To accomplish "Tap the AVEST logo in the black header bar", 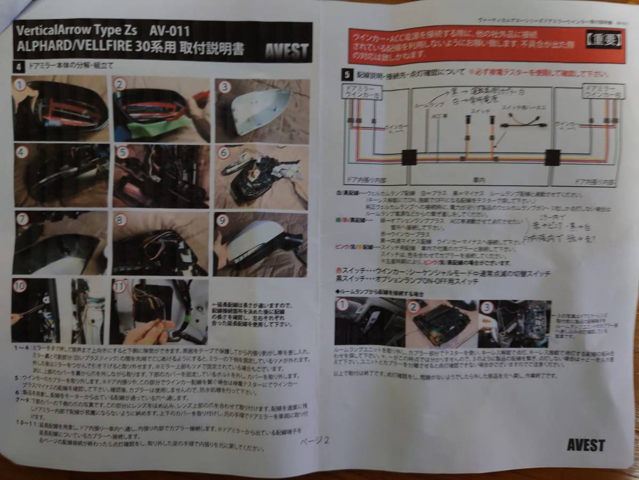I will point(287,51).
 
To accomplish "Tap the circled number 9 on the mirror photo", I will point(223,220).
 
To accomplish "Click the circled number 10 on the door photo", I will point(20,286).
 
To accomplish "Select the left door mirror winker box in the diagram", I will point(355,92).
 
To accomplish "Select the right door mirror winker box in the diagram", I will point(599,91).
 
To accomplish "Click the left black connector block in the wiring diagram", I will point(409,158).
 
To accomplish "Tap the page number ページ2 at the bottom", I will point(315,441).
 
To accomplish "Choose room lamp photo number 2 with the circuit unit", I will point(438,323).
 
